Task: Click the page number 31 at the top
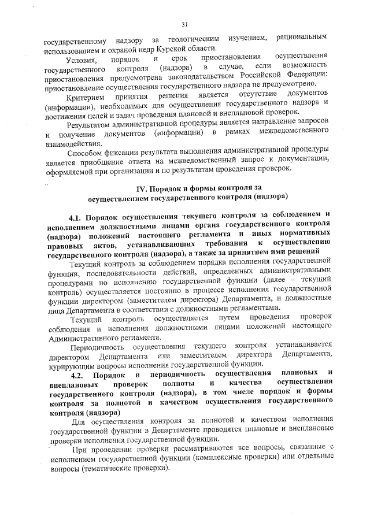pos(185,24)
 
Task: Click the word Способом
pos(85,153)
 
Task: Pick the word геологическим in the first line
pos(195,38)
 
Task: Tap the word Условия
pos(84,60)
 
